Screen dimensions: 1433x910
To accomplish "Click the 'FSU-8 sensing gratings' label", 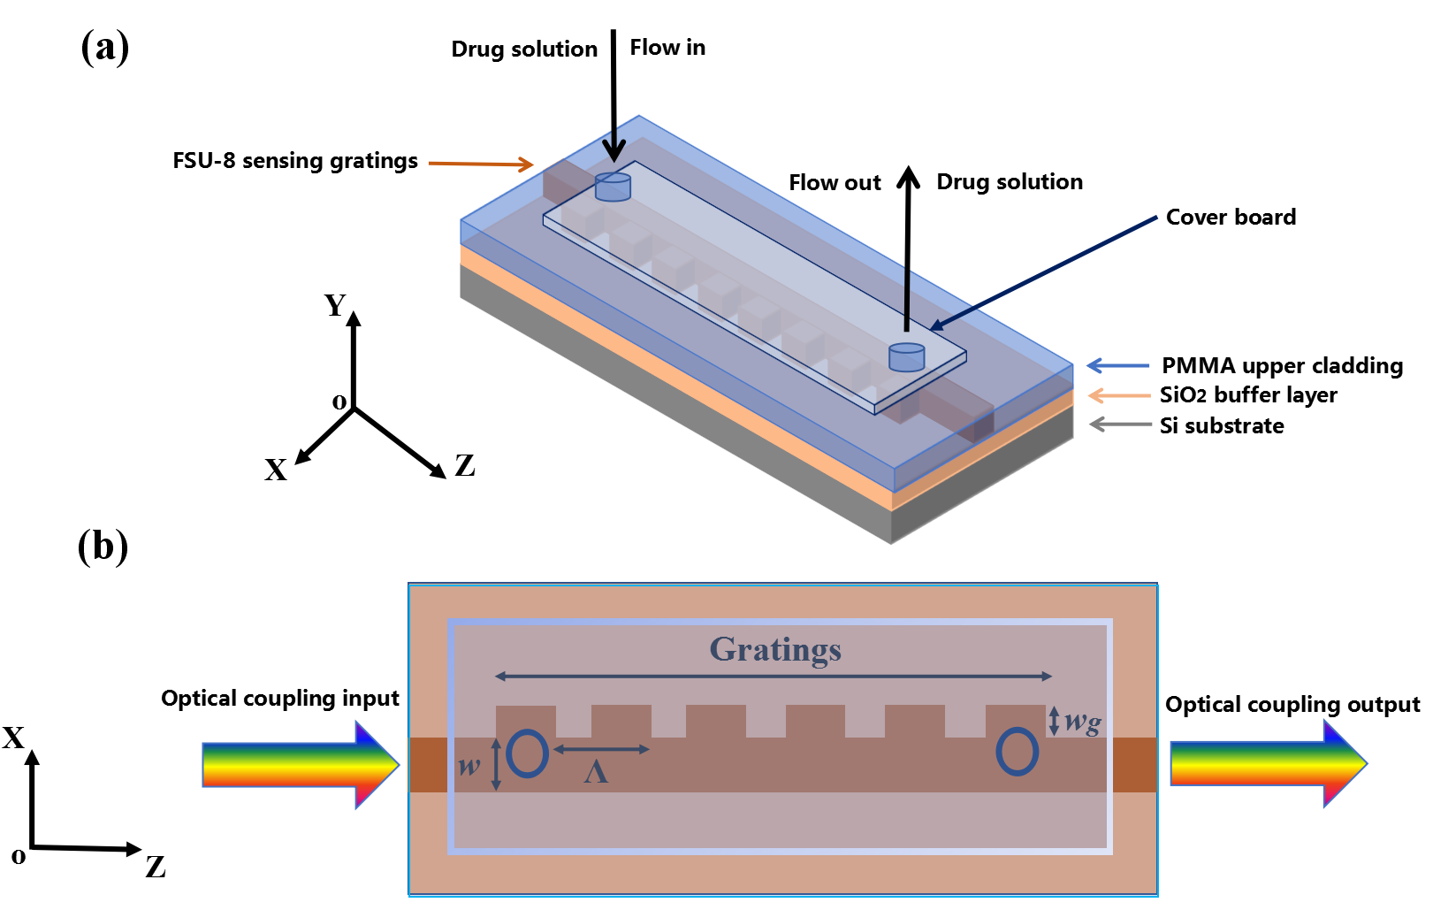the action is [295, 161].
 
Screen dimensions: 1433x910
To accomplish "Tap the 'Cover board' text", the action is [1231, 217].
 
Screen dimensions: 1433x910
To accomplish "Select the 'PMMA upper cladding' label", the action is [1282, 365].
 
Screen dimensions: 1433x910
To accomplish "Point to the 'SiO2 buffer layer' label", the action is [1248, 394].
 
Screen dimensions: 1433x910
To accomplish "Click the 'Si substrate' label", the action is [1222, 425].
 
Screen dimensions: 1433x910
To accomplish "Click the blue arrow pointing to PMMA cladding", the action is [1117, 365].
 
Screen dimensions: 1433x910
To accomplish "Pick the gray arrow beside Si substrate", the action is [1119, 424].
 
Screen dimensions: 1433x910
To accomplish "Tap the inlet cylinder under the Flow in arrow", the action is [613, 187].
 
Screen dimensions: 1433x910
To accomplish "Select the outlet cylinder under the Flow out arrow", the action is [906, 357].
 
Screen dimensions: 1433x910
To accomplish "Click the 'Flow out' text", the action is [835, 182].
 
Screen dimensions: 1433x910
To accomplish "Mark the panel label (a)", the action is [105, 48].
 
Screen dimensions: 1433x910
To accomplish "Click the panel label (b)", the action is [103, 547].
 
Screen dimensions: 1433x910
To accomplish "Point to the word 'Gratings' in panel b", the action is [775, 649].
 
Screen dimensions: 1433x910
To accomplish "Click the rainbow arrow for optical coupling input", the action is [301, 765].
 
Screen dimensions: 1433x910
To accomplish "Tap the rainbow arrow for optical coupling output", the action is [1269, 763].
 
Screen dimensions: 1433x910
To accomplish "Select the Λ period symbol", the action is [596, 772].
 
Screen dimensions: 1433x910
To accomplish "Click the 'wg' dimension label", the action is [1083, 722].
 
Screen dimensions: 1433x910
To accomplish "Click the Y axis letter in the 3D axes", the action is [335, 305].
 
